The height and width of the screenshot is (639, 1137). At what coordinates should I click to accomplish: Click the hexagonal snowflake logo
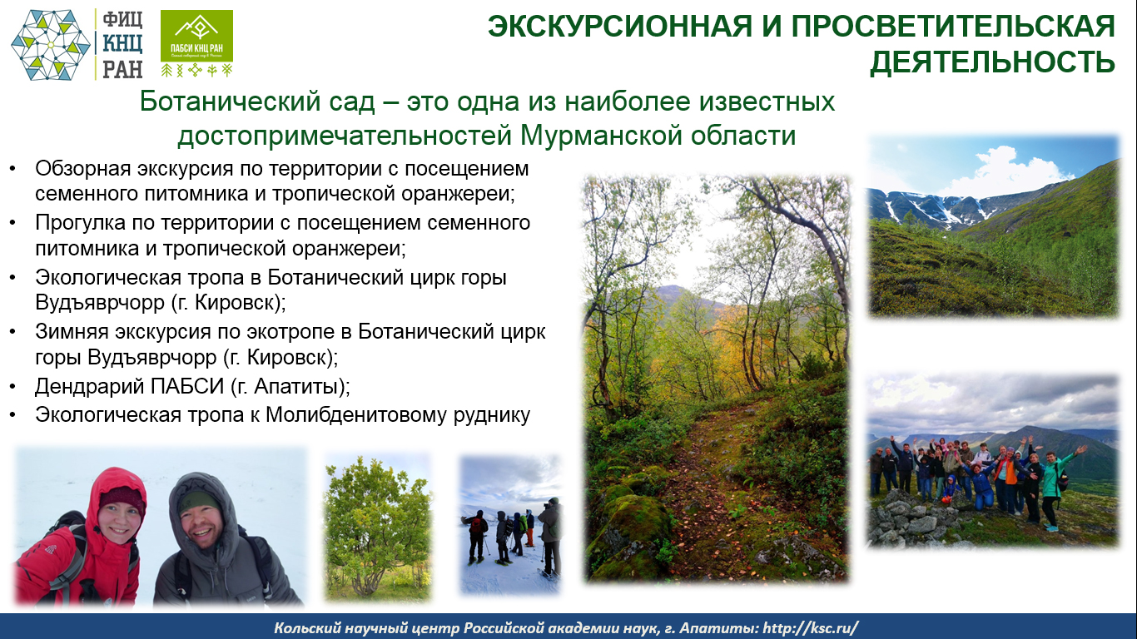(50, 45)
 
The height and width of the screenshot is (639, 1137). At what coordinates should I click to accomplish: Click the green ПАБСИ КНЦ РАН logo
(197, 43)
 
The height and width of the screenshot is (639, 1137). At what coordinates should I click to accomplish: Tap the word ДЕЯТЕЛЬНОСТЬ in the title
(992, 62)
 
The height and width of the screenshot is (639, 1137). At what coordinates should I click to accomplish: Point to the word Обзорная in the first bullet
(83, 168)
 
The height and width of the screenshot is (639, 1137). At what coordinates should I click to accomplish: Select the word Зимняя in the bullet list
(72, 332)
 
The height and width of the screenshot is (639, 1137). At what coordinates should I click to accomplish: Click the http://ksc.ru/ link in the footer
(810, 628)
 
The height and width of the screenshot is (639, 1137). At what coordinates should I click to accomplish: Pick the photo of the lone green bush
(378, 527)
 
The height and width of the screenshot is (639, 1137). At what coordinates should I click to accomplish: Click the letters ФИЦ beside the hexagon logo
(123, 20)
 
